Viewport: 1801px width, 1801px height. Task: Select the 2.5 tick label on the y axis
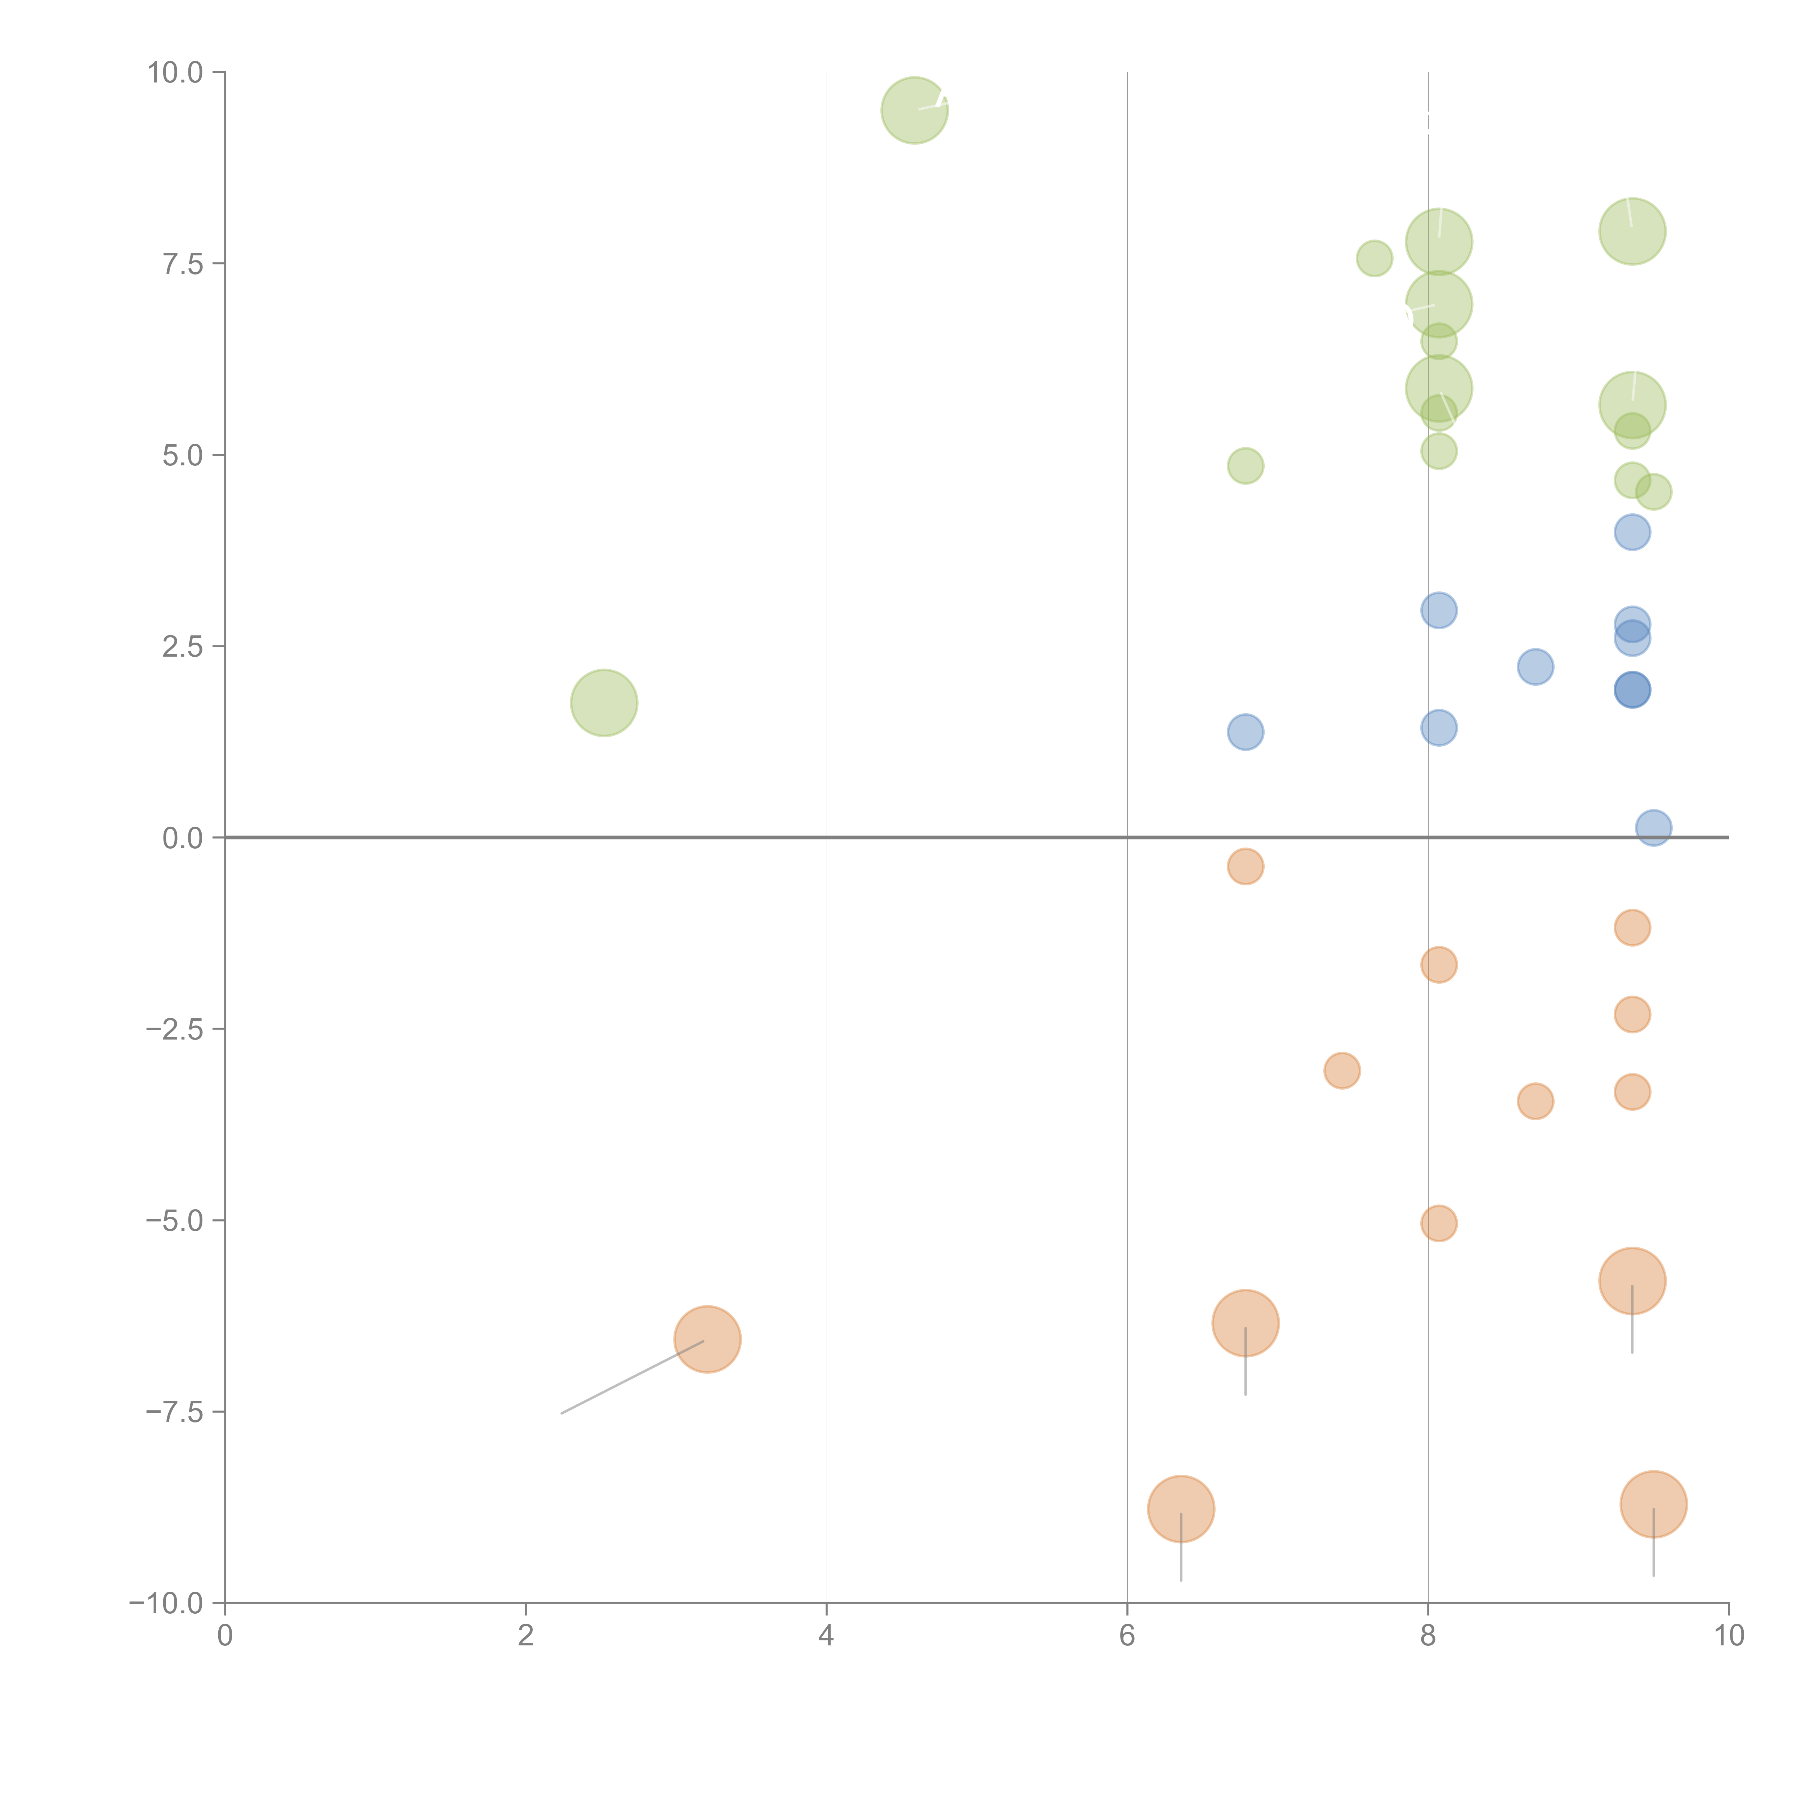[x=182, y=647]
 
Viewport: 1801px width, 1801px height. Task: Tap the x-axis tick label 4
[x=826, y=1636]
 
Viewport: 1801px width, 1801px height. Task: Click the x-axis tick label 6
[x=1127, y=1636]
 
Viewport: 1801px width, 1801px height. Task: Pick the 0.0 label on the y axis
[x=182, y=838]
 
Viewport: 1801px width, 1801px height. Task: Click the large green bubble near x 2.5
[x=604, y=703]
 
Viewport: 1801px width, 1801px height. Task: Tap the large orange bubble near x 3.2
[x=707, y=1340]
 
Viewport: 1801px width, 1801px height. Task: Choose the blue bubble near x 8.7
[x=1535, y=666]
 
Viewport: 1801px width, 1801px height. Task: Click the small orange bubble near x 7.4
[x=1341, y=1070]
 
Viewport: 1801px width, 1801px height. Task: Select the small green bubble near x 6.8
[x=1246, y=465]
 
